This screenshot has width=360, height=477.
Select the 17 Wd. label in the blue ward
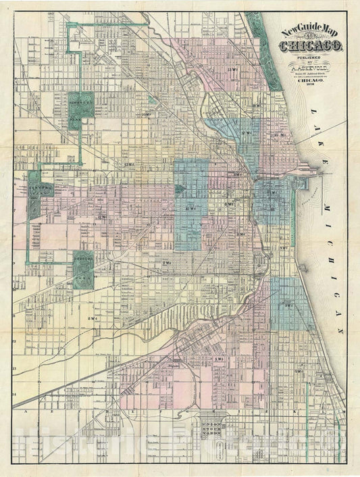point(244,134)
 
